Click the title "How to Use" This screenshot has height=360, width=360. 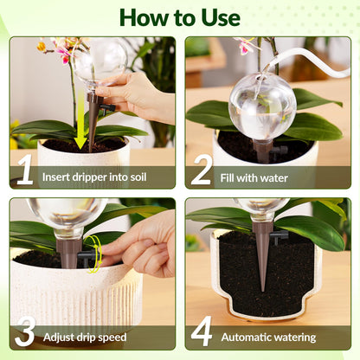click(x=179, y=17)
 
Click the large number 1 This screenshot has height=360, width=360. click(x=25, y=170)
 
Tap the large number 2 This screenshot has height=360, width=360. click(x=201, y=170)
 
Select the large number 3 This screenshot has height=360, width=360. click(x=25, y=333)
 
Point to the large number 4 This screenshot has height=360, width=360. click(x=202, y=333)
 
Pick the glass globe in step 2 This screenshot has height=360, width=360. click(x=261, y=105)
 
